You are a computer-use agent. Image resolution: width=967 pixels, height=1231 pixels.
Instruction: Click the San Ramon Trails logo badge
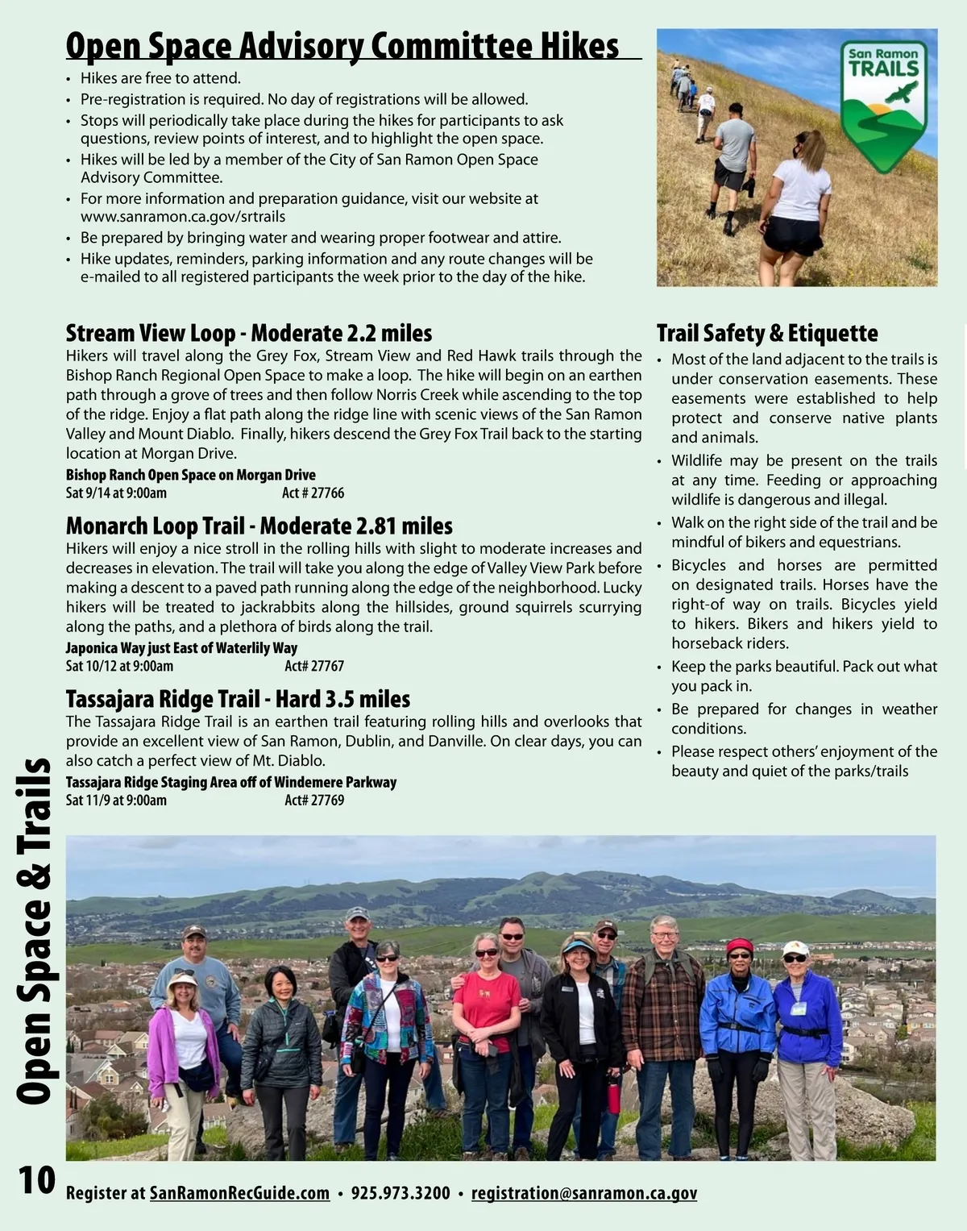883,106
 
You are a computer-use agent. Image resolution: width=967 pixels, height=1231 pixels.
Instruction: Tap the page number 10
37,1180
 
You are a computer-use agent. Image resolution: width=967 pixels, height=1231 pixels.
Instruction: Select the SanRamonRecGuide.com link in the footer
239,1193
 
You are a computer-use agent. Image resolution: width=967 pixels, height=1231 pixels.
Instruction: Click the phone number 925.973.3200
400,1193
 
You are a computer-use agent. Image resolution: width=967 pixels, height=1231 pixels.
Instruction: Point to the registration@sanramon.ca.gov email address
583,1193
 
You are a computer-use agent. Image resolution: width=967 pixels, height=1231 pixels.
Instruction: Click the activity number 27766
313,493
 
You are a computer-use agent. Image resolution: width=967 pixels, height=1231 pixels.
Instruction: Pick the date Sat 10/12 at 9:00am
119,666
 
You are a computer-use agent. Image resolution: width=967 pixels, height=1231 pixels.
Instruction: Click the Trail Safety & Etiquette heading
766,333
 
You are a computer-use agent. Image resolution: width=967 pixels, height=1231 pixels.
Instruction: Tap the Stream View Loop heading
248,333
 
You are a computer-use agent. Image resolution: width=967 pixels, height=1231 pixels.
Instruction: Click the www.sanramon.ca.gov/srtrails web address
182,217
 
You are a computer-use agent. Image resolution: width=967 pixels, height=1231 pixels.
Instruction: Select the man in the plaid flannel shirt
663,1024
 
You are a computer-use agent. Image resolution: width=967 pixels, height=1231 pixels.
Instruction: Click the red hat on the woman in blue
739,946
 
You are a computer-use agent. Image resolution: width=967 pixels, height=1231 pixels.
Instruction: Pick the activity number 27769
314,801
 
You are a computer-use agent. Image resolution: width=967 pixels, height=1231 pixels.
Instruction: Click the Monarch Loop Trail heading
259,526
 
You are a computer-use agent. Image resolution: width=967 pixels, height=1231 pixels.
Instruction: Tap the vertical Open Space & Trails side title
34,931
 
